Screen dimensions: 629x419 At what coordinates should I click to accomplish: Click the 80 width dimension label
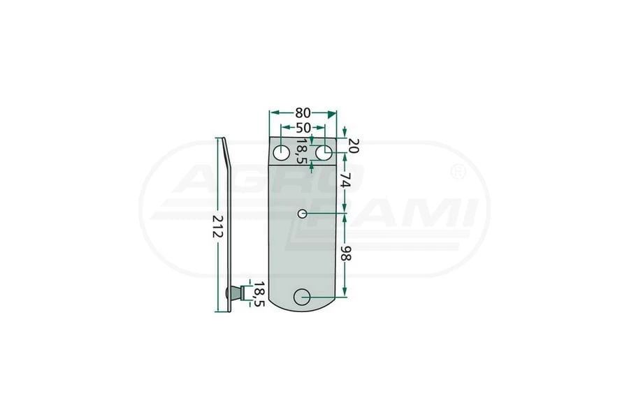point(303,113)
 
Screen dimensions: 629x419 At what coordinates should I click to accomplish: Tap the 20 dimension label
point(354,145)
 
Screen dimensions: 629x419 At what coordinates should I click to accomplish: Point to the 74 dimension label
point(345,180)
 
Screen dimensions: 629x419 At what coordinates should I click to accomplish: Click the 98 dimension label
point(345,253)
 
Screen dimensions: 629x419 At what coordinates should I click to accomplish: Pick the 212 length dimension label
point(217,226)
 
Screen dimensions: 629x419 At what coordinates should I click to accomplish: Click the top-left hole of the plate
point(282,153)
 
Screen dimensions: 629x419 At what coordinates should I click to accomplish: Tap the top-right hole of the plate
point(324,153)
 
